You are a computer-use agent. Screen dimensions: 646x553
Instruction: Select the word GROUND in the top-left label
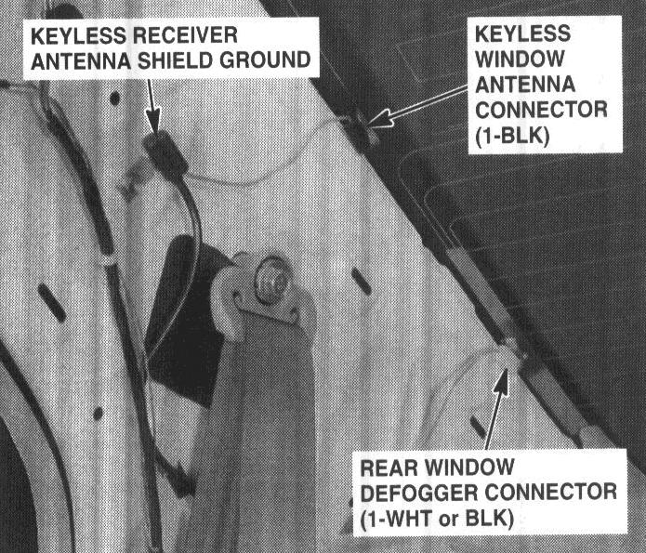(259, 61)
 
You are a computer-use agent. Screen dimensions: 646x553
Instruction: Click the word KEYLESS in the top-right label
(523, 33)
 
